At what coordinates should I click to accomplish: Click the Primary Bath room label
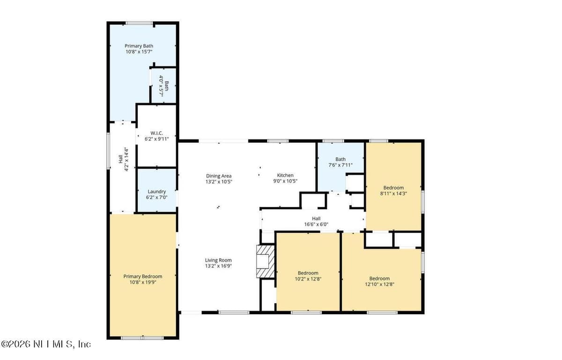[139, 46]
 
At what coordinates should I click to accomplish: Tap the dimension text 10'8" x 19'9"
[143, 282]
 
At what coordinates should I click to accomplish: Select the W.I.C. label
[156, 133]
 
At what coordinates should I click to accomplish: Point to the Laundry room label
[156, 191]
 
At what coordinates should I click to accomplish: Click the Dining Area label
[219, 176]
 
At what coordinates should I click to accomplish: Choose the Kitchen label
[285, 175]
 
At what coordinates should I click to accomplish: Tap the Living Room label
[218, 260]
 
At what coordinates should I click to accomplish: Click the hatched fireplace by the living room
[266, 261]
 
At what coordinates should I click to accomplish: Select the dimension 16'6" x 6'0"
[316, 224]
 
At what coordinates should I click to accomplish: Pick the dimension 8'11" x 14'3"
[393, 193]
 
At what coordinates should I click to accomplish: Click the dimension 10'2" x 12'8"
[308, 279]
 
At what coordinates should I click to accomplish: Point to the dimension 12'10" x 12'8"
[380, 284]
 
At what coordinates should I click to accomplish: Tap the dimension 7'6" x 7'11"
[340, 165]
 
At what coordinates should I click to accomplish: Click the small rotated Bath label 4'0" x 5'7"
[164, 86]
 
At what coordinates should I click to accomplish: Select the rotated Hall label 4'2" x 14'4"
[124, 159]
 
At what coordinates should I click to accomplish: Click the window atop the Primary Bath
[139, 23]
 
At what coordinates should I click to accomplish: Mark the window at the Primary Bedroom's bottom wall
[142, 338]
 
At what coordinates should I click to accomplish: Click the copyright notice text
[46, 344]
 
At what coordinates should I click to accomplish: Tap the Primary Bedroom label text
[143, 276]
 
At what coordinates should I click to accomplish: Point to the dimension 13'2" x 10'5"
[219, 182]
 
